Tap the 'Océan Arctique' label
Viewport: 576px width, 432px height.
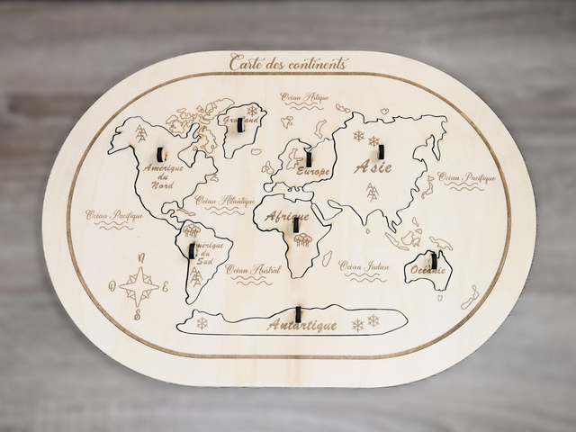tap(304, 97)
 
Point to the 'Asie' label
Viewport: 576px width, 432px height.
tap(374, 168)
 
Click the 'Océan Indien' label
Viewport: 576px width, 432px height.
tap(364, 265)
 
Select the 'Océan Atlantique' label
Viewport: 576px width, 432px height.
tap(218, 202)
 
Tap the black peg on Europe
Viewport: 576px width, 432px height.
tap(308, 158)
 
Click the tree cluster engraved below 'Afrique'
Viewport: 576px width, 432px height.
tap(302, 238)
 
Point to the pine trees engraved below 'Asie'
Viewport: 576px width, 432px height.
tap(371, 191)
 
